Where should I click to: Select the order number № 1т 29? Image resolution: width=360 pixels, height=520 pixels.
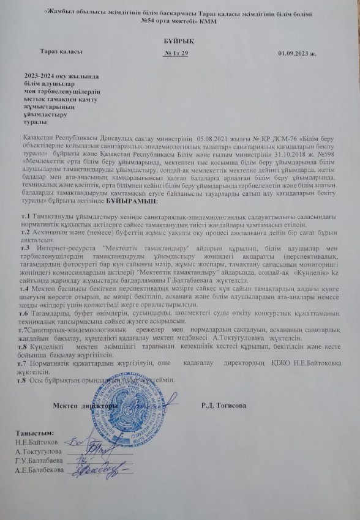176,54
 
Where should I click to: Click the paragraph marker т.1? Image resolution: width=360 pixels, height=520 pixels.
26,217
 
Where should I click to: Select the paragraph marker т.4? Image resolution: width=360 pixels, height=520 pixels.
26,286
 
